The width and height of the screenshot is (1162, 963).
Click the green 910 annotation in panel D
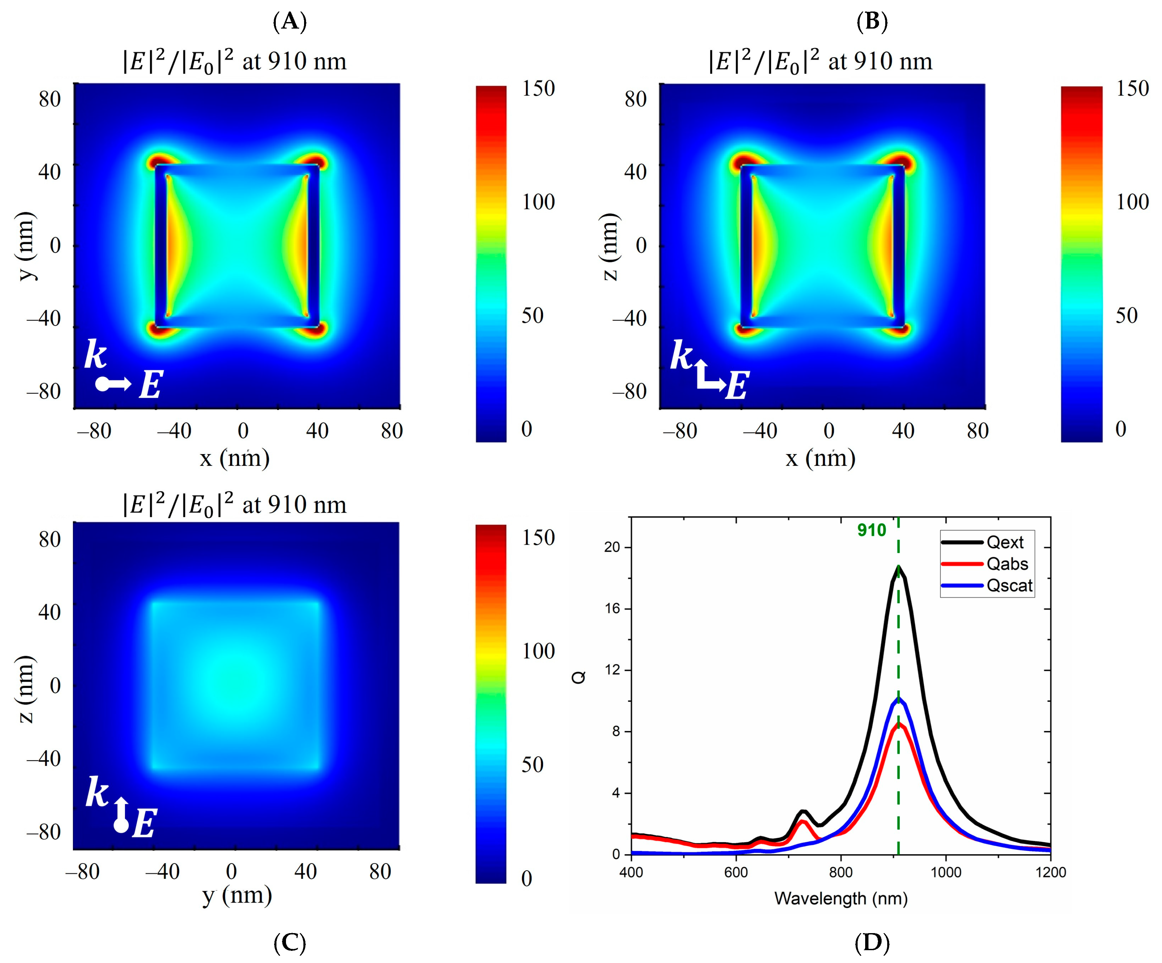871,530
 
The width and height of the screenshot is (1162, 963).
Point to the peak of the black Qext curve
898,567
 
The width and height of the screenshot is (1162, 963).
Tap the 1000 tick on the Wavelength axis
946,872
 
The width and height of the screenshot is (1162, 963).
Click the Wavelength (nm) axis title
841,898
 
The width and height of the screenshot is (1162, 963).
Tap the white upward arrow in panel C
122,808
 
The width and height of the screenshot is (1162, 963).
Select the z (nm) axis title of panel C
25,689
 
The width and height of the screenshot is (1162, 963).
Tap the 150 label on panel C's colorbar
538,538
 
